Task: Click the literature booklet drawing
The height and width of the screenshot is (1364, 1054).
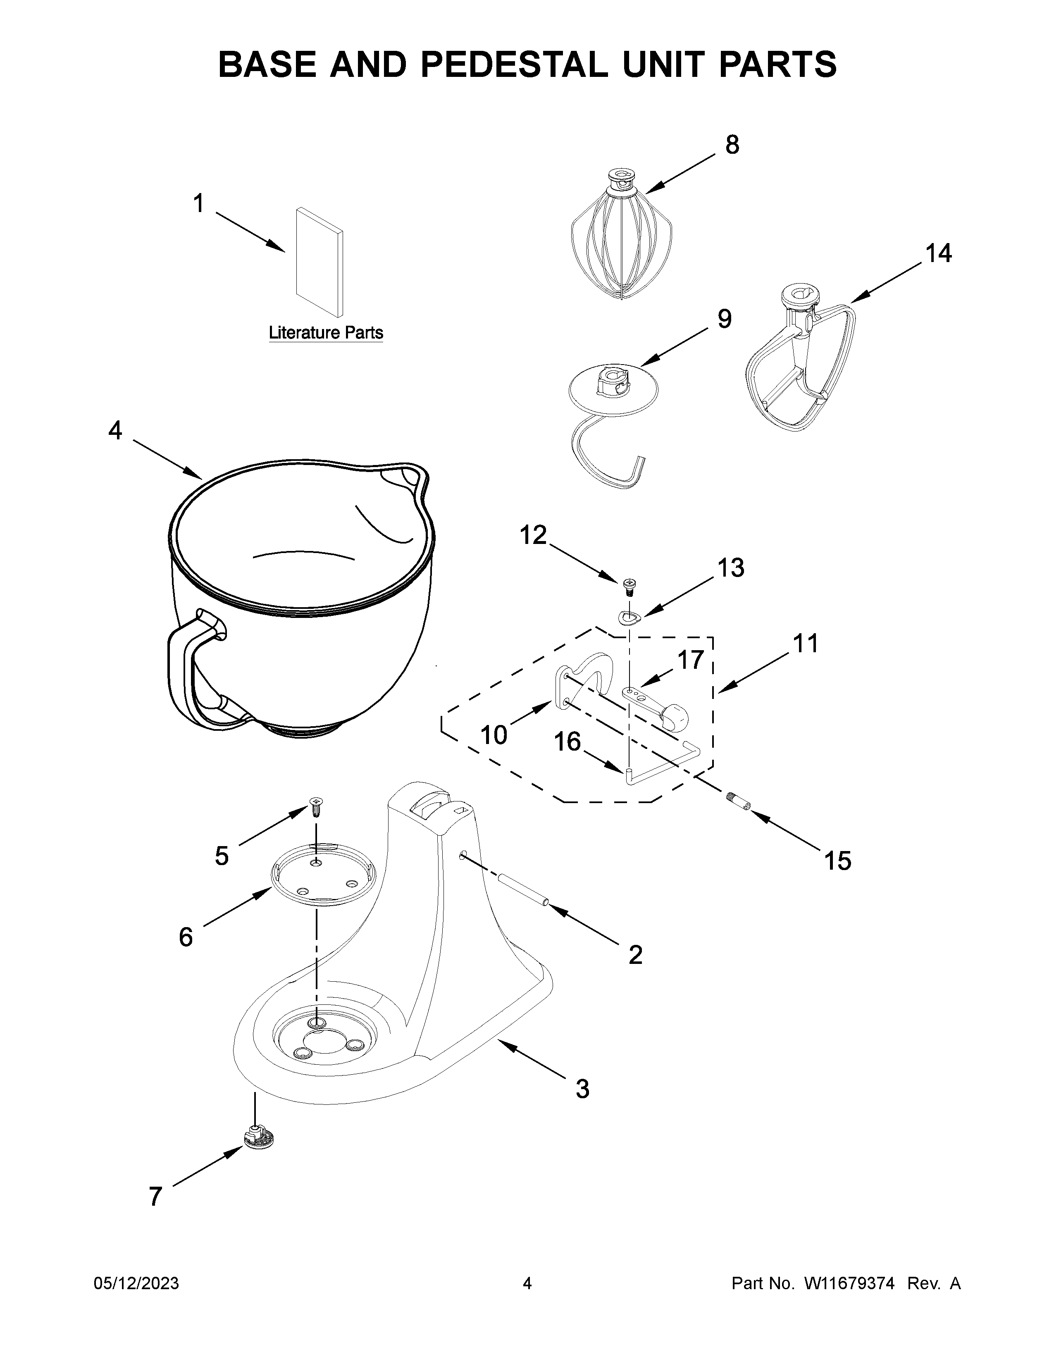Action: pos(320,262)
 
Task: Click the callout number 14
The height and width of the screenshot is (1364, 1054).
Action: pos(938,253)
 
